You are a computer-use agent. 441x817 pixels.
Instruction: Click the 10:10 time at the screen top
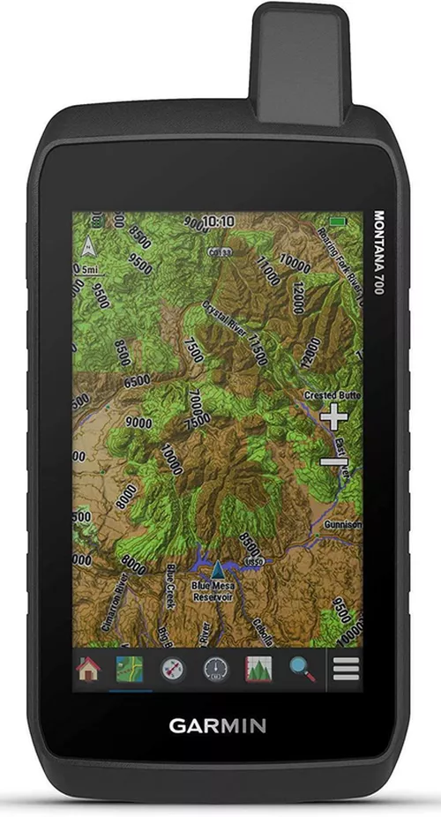[x=218, y=221]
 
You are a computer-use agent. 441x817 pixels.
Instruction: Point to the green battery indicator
[x=338, y=221]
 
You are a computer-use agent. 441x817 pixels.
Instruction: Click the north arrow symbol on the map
[x=89, y=246]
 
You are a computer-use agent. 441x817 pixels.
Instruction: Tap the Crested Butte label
[x=333, y=395]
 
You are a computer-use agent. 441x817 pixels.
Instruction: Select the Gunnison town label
[x=343, y=524]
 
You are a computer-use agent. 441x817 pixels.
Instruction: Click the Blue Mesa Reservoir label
[x=214, y=590]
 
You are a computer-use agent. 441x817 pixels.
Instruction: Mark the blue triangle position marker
[x=218, y=566]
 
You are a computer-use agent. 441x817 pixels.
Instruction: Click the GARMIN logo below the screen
[x=218, y=726]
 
